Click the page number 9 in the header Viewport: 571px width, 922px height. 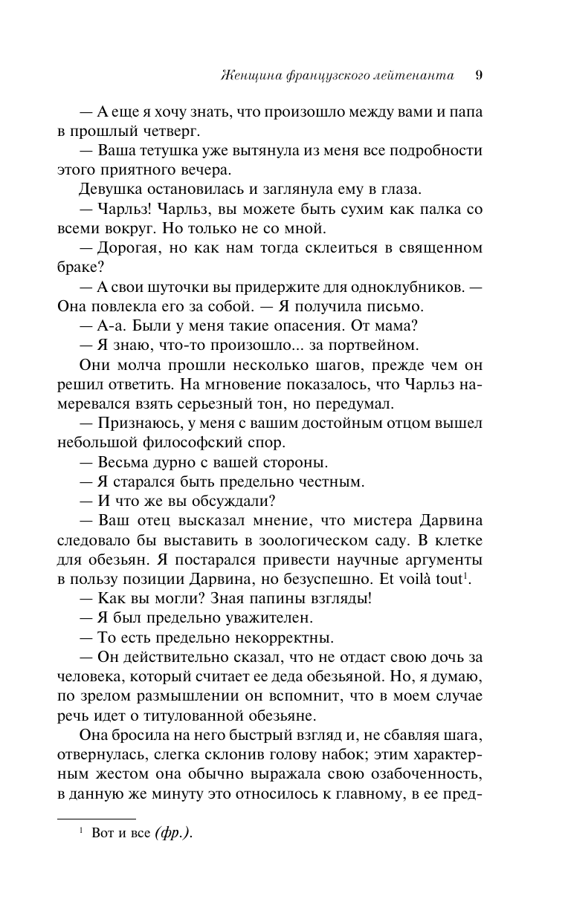tap(480, 74)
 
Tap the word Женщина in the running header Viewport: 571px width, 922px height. tap(250, 75)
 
